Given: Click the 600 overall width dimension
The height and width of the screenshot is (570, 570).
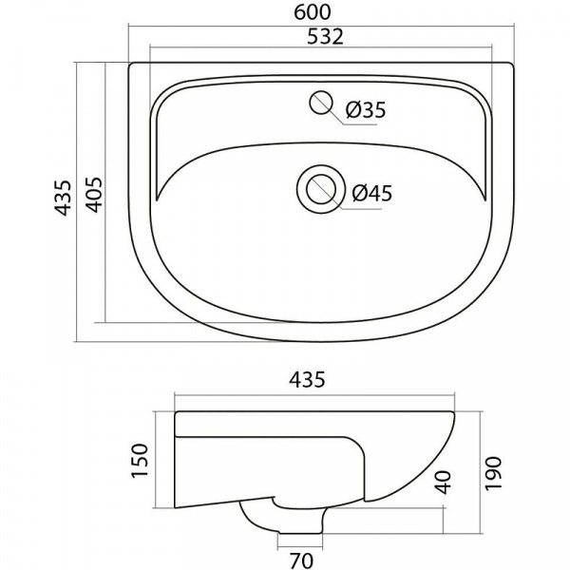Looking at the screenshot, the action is (313, 12).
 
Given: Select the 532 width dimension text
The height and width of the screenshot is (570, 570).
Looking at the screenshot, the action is (325, 37).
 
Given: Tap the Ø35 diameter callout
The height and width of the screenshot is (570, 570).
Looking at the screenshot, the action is (366, 109).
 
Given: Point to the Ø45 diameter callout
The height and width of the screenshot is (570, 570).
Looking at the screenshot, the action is (372, 193).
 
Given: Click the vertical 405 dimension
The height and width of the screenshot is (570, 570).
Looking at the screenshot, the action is (94, 195).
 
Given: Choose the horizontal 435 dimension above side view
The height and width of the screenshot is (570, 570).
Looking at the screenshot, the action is (307, 380).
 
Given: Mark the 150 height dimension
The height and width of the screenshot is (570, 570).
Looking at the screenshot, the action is (140, 461).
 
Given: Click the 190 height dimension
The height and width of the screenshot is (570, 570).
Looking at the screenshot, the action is (493, 474).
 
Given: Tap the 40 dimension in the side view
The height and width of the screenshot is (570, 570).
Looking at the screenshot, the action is (443, 483).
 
